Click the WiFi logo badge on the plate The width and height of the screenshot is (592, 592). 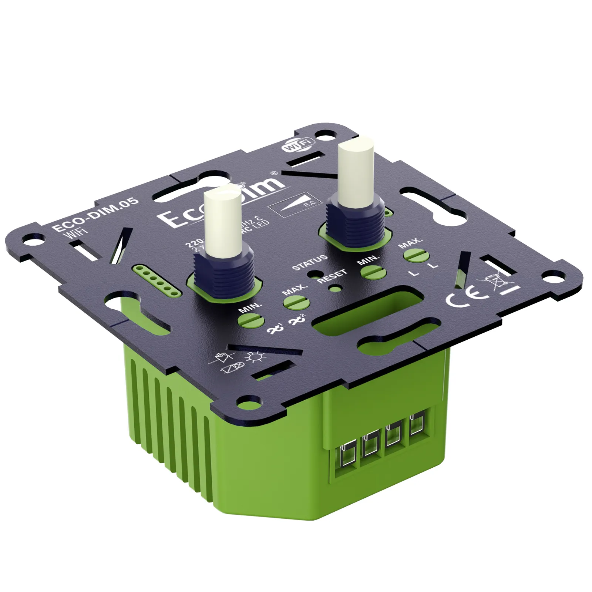[298, 144]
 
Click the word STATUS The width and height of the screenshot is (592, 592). [310, 262]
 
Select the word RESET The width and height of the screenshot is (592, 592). [332, 276]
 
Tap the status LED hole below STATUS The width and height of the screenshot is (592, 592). [315, 274]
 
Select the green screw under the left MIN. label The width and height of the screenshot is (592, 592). [252, 319]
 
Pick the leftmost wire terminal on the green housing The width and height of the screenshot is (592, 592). [347, 455]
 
